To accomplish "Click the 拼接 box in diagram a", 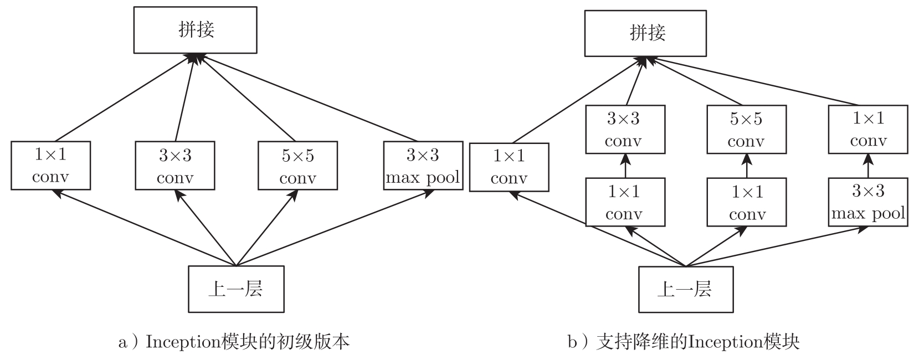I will tap(195, 30).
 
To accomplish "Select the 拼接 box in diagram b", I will tap(645, 33).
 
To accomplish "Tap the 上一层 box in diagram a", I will tap(236, 289).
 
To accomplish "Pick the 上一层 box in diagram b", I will tap(685, 289).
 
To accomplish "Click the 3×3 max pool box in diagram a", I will tap(423, 166).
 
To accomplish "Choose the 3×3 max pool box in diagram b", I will tap(867, 202).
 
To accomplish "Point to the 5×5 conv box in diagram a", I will tap(297, 166).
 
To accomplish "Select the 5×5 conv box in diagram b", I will tap(746, 130).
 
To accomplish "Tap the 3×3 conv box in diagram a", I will tap(175, 166).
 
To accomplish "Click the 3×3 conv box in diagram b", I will tap(625, 130).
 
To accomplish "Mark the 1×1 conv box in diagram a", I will tap(50, 166).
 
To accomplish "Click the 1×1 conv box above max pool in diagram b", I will tap(867, 130).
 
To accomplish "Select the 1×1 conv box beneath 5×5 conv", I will tap(747, 202).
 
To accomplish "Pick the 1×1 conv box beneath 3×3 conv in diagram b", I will tap(625, 202).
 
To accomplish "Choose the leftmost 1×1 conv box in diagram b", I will tap(509, 167).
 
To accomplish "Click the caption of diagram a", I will tap(234, 342).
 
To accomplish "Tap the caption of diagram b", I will tap(684, 342).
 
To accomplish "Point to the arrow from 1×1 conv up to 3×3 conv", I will tap(625, 166).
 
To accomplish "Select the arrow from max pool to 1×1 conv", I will tap(868, 166).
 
